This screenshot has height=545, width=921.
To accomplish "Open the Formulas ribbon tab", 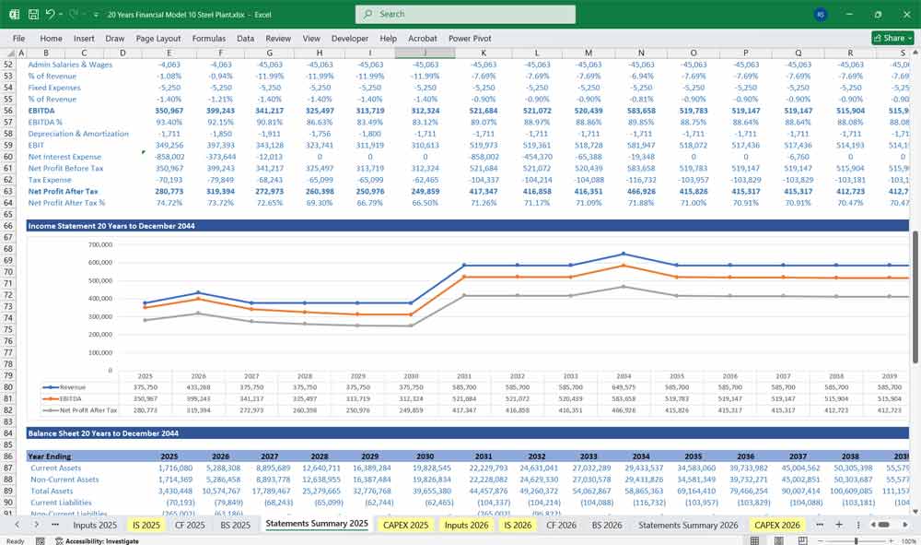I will (208, 39).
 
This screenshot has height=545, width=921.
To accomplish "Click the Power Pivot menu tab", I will (470, 39).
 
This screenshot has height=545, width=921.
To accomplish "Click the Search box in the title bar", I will (465, 14).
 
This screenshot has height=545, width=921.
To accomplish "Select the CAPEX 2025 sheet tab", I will (405, 524).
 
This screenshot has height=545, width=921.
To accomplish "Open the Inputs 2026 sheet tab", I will (468, 524).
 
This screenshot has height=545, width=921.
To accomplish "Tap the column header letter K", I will (484, 53).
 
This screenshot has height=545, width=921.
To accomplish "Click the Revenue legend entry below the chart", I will (71, 387).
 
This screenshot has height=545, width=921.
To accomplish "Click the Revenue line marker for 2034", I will (623, 254).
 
